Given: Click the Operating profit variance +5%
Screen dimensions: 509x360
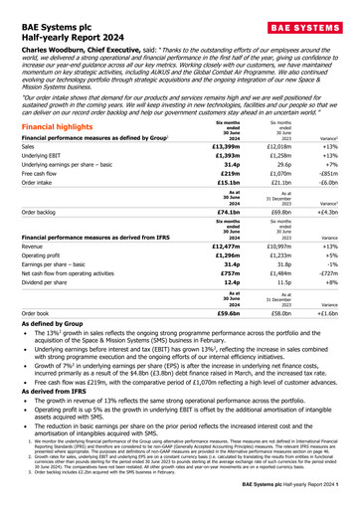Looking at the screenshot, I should (x=336, y=299).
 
